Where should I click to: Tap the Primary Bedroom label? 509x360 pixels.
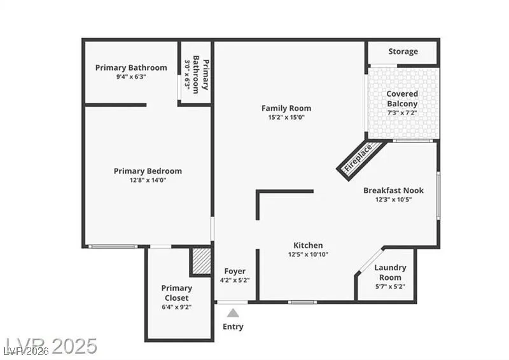point(148,170)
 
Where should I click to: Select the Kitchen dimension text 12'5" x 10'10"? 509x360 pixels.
point(308,254)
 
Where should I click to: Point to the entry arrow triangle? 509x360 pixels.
point(234,312)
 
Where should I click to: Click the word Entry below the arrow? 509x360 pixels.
point(233,327)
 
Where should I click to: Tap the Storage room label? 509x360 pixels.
point(403,52)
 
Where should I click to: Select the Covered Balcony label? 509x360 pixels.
point(402,99)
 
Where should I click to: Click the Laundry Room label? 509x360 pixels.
point(389,272)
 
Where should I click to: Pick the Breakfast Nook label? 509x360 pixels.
point(393,190)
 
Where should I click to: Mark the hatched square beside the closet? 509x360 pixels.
point(201,261)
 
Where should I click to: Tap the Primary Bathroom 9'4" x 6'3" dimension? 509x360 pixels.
point(131,77)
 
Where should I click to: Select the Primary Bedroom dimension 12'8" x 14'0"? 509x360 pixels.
point(148,180)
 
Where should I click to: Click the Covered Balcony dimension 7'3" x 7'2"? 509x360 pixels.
point(402,113)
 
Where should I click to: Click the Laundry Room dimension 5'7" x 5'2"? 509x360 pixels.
point(389,286)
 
